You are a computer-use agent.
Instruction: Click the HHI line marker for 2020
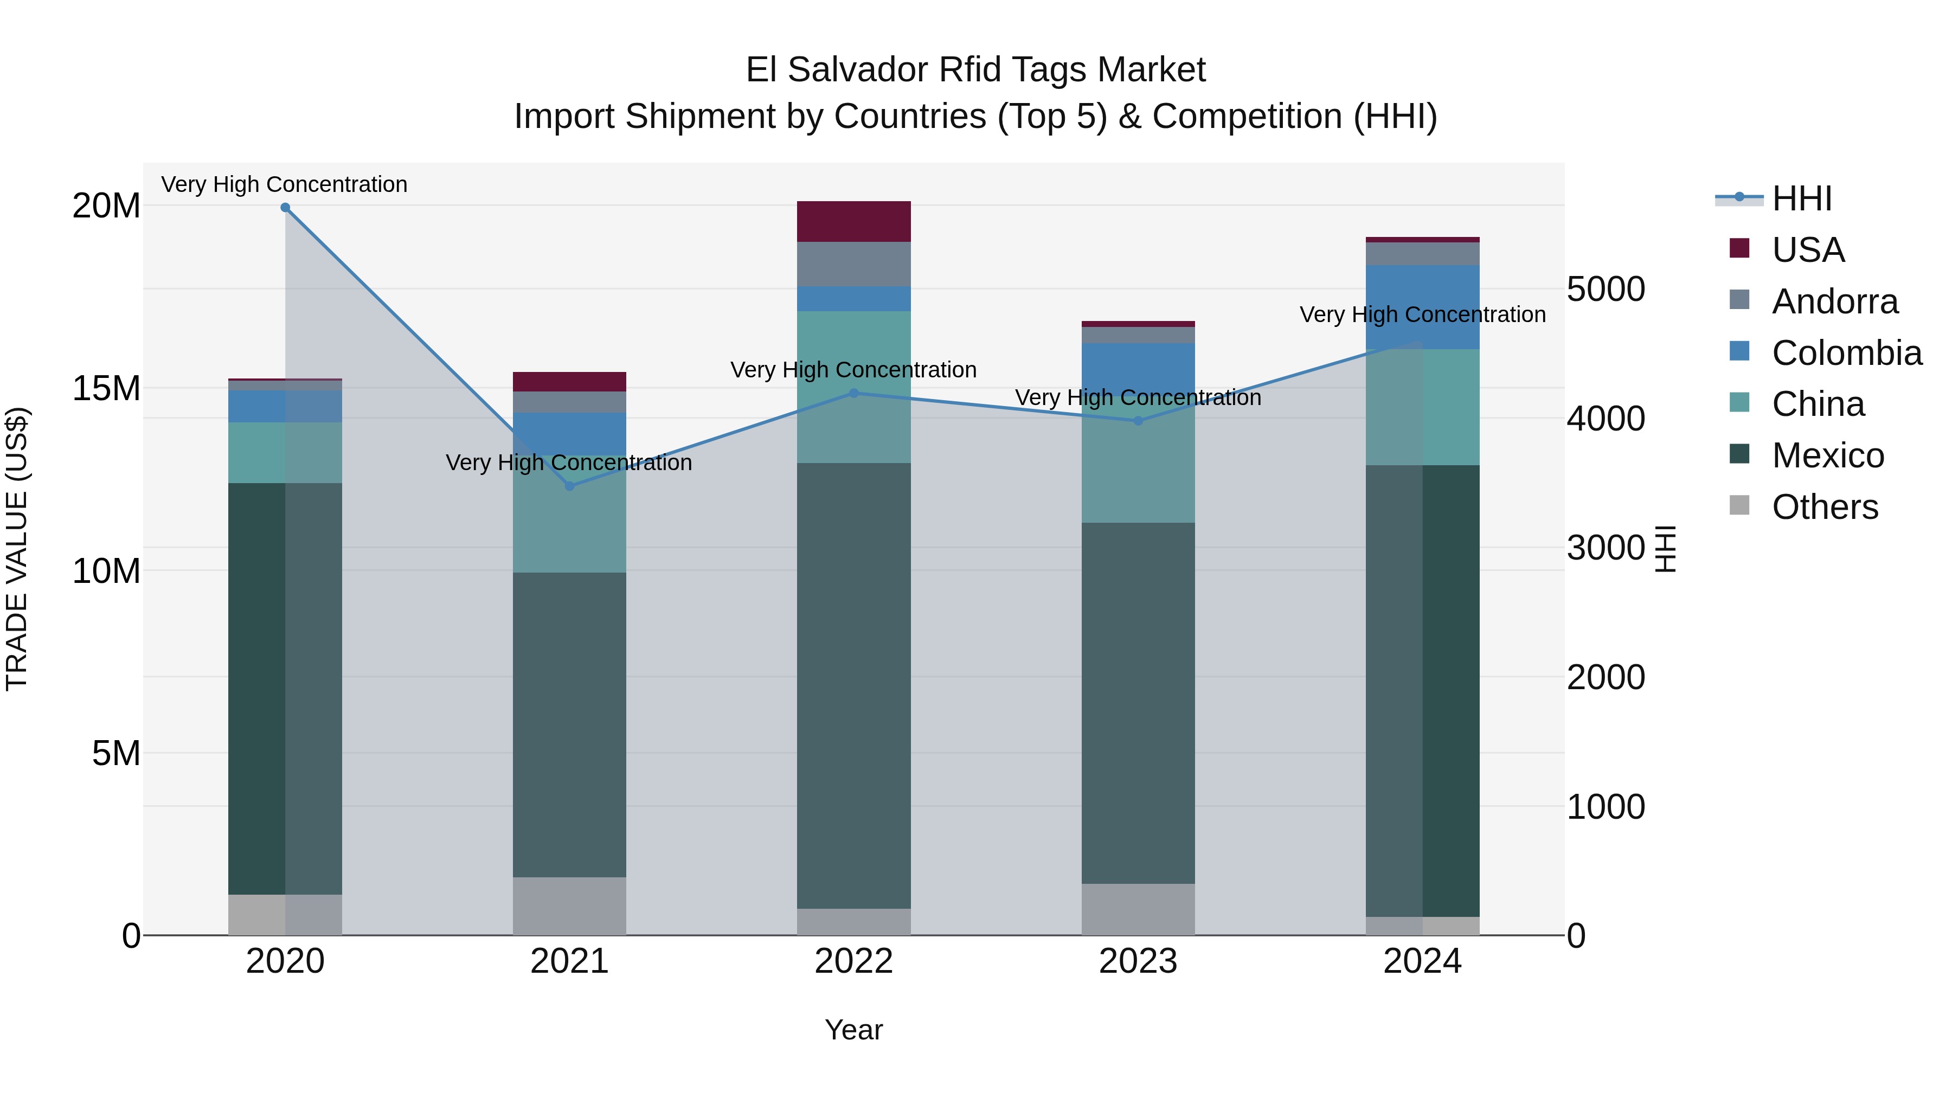tap(285, 208)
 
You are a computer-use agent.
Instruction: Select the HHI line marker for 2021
tap(570, 486)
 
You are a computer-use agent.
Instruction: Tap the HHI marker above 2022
tap(854, 393)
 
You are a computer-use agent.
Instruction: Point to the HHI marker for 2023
tap(1138, 421)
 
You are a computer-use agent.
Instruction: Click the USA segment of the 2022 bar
tap(854, 221)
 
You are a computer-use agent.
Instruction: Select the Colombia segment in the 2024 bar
tap(1422, 307)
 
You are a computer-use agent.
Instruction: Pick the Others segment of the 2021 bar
tap(570, 906)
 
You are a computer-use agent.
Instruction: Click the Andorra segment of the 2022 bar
tap(854, 264)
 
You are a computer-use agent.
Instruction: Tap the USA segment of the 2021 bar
tap(570, 382)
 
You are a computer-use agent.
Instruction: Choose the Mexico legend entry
tap(1828, 455)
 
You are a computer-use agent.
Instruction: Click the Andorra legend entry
tap(1834, 301)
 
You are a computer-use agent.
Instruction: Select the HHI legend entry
tap(1802, 198)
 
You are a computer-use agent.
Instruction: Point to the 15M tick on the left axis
tap(106, 388)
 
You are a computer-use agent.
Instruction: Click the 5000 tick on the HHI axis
tap(1606, 290)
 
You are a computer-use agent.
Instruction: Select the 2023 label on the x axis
tap(1138, 961)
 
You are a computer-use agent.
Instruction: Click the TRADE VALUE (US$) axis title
tap(17, 549)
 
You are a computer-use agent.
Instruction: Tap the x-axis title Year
tap(854, 1030)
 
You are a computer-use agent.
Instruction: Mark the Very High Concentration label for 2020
tap(284, 184)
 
